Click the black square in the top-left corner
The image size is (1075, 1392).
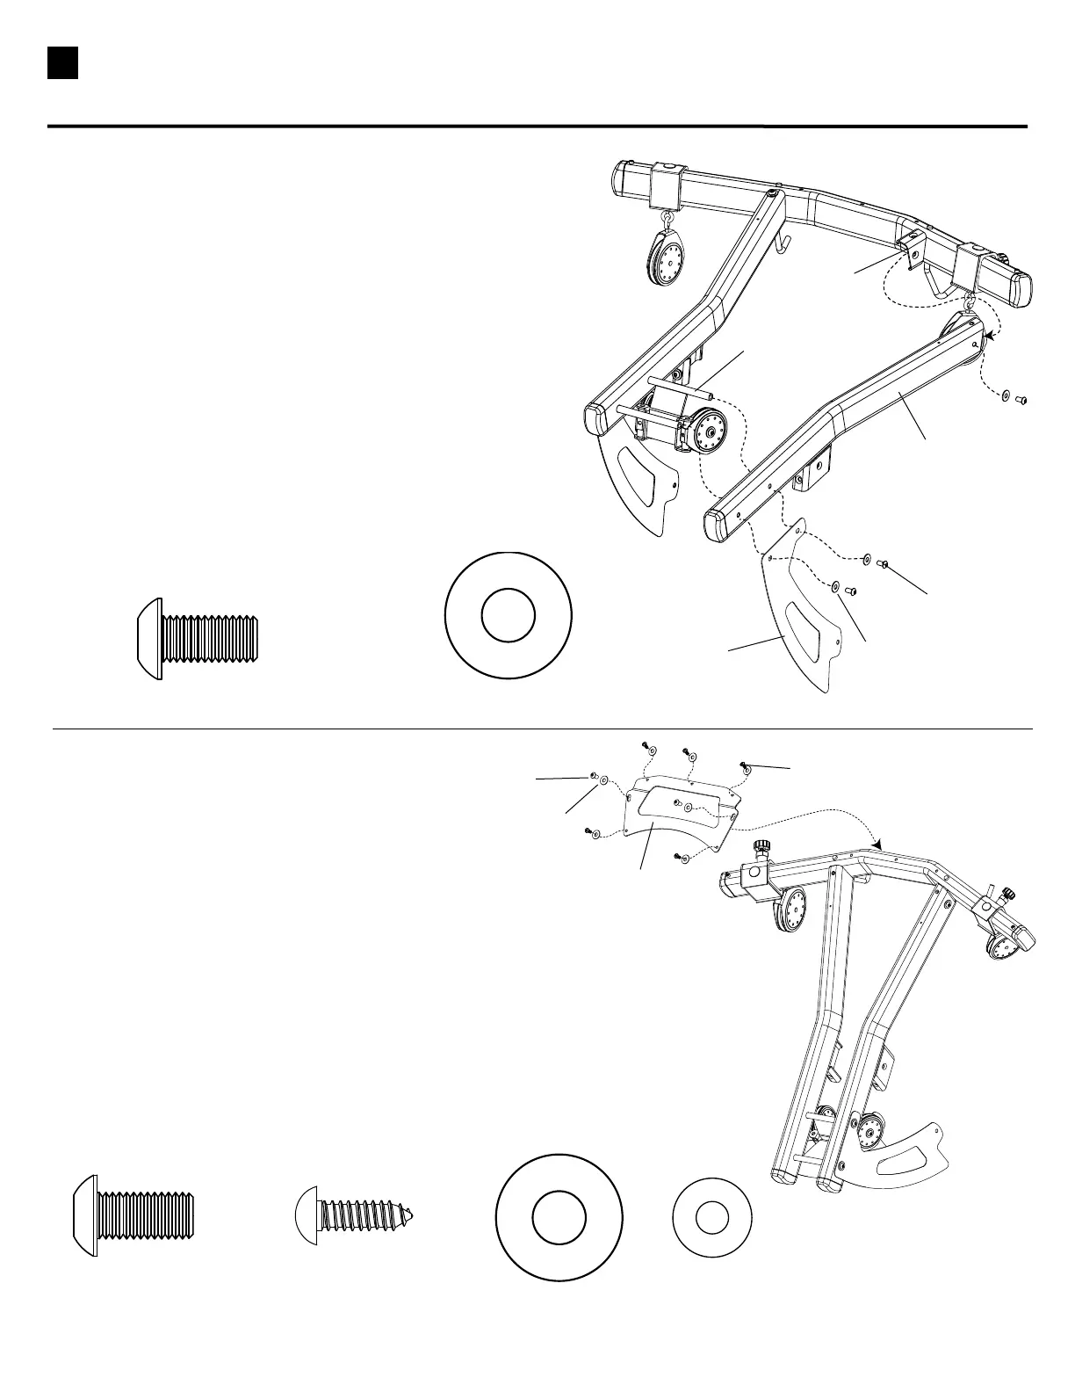pos(63,63)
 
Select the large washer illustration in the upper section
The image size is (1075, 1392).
pos(509,615)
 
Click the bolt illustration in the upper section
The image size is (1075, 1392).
pos(200,633)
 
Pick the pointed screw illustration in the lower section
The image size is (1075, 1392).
pos(354,1217)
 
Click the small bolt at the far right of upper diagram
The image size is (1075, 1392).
pos(1021,401)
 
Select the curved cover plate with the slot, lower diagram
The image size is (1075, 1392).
pos(681,813)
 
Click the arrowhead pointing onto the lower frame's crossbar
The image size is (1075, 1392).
pos(877,845)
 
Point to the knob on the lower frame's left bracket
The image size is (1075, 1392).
pos(761,850)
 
